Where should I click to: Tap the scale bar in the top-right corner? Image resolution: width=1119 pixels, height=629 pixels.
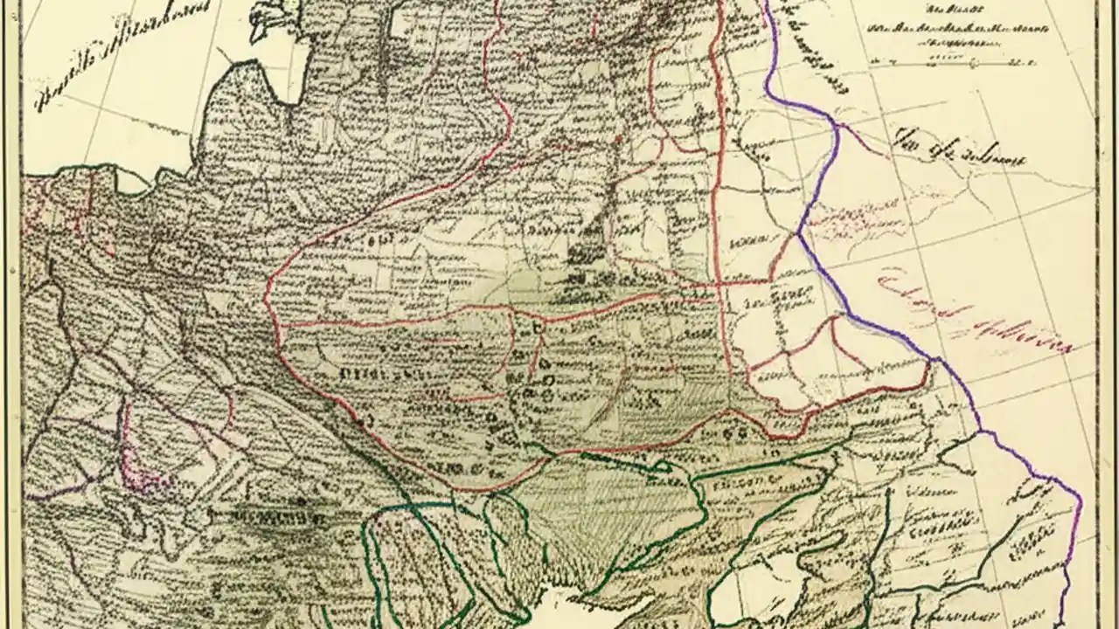click(953, 62)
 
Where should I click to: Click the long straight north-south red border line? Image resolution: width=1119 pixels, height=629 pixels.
click(720, 175)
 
